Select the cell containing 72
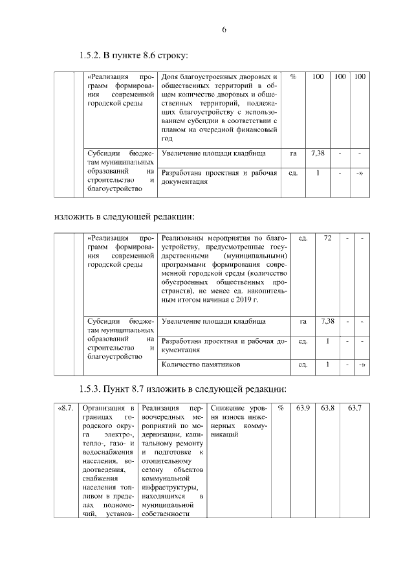tap(327, 239)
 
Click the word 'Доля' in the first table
tap(169, 77)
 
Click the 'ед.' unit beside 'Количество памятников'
tap(302, 365)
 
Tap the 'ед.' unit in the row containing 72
tap(301, 239)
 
